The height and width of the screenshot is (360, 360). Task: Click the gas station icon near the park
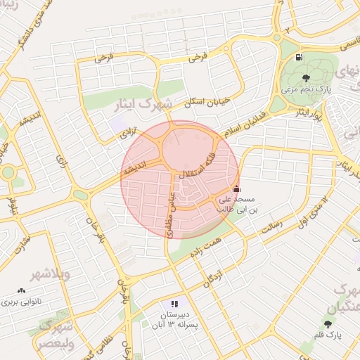point(300,57)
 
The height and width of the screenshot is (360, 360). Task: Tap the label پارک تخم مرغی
point(304,89)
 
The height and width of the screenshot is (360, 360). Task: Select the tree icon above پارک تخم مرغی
point(304,78)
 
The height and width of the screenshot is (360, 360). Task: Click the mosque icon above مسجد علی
point(236,189)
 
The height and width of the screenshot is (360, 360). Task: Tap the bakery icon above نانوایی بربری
point(20,290)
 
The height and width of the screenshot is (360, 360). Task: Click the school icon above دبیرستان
point(174,304)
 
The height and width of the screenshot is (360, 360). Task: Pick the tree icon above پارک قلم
point(328,323)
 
